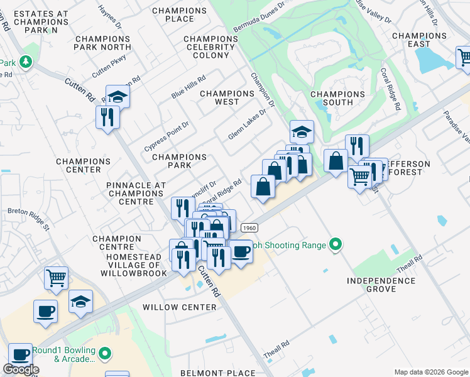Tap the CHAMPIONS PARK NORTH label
[x=102, y=43]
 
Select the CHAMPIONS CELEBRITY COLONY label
[x=211, y=47]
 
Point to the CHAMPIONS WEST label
[x=227, y=97]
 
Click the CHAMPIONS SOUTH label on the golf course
[x=337, y=99]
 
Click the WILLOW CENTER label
[x=179, y=307]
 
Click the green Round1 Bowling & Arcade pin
[x=104, y=355]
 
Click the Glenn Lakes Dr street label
[x=247, y=124]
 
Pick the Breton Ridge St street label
[x=28, y=217]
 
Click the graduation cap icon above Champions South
[x=302, y=133]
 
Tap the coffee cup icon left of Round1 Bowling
[x=20, y=356]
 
